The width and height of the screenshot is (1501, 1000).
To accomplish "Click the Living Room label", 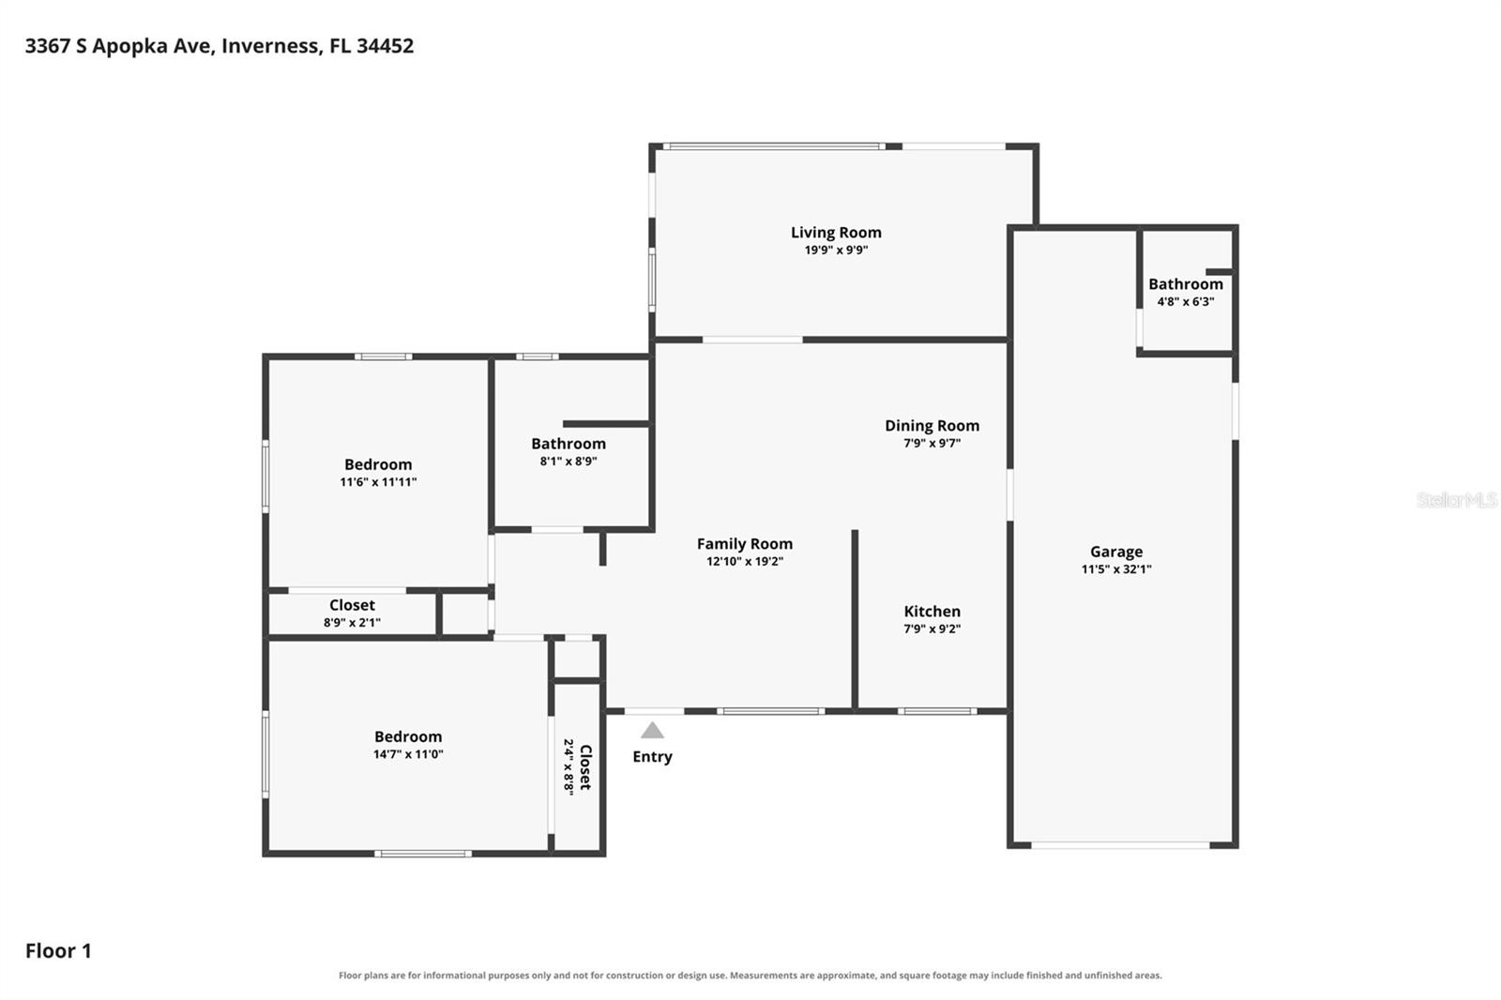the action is tap(836, 233).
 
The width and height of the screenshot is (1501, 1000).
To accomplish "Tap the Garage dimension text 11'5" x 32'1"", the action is tap(1116, 569).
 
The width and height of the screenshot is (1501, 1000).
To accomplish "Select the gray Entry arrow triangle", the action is tap(652, 730).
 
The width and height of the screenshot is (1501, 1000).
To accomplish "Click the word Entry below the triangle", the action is tap(652, 757).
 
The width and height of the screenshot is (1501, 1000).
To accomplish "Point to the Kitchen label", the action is tap(932, 612).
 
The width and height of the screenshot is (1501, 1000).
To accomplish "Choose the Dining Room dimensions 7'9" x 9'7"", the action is tap(932, 443).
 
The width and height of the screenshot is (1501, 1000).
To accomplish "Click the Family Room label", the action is tap(745, 544).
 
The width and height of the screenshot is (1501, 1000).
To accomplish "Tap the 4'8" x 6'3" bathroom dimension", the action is tap(1186, 302).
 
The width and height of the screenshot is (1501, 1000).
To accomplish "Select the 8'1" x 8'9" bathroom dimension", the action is tap(569, 462).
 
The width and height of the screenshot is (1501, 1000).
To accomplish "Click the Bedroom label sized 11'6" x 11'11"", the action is tap(378, 464).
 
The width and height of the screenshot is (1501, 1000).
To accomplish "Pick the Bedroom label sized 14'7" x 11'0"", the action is tap(408, 736).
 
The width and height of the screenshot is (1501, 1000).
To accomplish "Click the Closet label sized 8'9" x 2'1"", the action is tap(352, 605).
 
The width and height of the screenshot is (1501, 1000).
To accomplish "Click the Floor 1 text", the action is tap(58, 951).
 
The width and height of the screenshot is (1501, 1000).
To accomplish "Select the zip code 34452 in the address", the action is tap(386, 46).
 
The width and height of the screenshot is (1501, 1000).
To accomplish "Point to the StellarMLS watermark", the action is tap(1457, 499).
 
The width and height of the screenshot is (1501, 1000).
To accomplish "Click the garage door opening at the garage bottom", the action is tap(1120, 845).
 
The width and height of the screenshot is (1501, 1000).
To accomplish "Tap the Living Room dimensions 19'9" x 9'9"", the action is tap(836, 250).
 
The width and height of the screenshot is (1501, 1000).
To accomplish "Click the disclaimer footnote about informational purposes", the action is tap(750, 976).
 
